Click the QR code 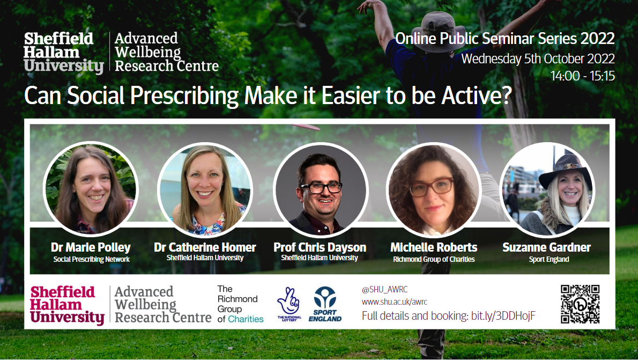(580, 304)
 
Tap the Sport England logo (325, 304)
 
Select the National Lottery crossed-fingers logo (289, 304)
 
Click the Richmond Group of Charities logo (240, 304)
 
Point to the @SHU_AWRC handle (384, 290)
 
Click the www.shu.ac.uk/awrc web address (394, 302)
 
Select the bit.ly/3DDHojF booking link (503, 316)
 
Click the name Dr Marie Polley (91, 247)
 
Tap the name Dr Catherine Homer (205, 247)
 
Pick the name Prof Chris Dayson (320, 247)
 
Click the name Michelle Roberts (434, 247)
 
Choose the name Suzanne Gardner (546, 247)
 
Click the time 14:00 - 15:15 (583, 76)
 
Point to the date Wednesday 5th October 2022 (538, 58)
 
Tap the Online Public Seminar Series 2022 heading (505, 38)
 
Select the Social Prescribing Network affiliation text (92, 260)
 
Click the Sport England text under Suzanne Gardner (549, 260)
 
